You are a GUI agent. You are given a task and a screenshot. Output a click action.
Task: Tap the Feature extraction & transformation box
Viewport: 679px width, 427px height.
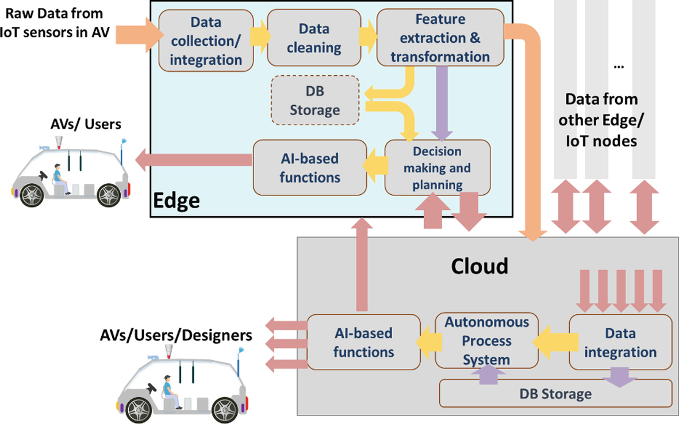(440, 39)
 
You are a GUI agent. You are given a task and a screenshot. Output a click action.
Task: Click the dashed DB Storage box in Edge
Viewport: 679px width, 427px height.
(314, 101)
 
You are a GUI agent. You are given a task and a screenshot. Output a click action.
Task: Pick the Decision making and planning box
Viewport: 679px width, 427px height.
(437, 168)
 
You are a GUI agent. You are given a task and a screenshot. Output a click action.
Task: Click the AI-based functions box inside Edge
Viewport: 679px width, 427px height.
(310, 168)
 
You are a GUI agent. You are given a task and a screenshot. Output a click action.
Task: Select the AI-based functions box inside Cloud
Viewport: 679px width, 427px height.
(363, 342)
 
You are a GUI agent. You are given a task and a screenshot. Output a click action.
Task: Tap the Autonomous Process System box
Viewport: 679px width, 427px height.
(486, 341)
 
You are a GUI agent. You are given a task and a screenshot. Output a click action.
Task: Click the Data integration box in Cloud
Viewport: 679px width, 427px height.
(620, 342)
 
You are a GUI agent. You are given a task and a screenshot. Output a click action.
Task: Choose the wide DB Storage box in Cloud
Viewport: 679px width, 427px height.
(555, 394)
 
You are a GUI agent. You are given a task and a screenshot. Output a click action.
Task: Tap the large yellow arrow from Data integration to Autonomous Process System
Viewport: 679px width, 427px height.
(553, 341)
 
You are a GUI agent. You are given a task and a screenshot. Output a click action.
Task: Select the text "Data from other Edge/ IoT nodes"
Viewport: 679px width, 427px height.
(601, 120)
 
